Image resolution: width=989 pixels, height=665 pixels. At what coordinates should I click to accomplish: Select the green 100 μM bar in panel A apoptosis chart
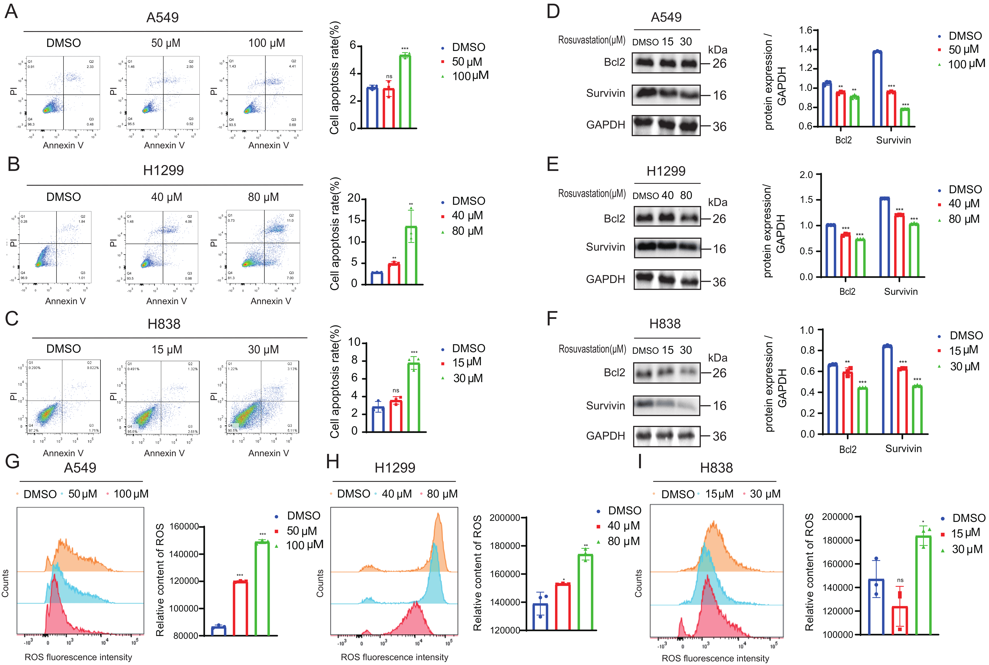(x=405, y=91)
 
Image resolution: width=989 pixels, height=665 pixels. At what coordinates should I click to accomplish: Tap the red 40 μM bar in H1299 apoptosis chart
(x=394, y=274)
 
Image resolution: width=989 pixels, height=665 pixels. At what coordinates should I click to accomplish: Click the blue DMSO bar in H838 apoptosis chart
(x=378, y=419)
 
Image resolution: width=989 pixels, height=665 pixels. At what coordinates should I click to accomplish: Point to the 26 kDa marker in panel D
(x=719, y=64)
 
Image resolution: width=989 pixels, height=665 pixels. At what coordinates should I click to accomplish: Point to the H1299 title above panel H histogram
(x=395, y=468)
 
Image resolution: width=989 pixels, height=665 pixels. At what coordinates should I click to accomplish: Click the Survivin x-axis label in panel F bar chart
(x=903, y=449)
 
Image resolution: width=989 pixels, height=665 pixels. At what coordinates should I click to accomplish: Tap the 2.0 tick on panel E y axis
(x=806, y=175)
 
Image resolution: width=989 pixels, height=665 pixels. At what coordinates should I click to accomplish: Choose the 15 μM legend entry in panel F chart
(x=964, y=350)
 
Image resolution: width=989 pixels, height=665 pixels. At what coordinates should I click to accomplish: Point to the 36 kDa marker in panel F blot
(x=719, y=436)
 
